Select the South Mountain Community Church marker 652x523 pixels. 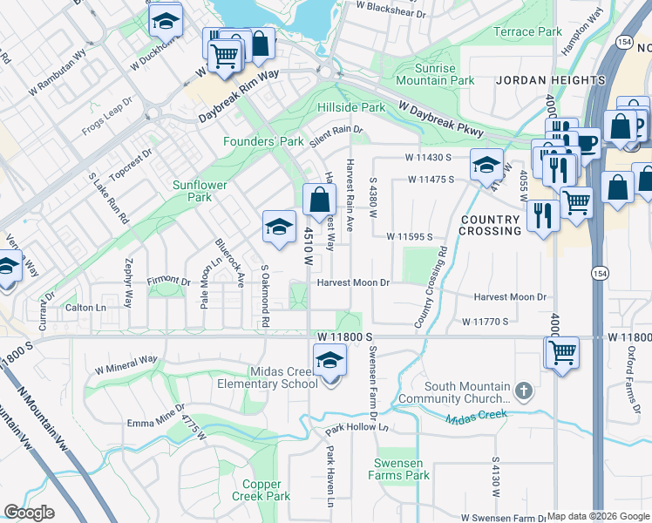(522, 390)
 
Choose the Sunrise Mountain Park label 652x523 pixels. (435, 74)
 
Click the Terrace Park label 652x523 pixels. (527, 32)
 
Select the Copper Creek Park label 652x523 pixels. (261, 490)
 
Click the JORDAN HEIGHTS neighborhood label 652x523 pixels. (550, 80)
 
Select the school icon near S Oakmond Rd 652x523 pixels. (278, 227)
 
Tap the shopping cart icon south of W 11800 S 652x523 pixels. (562, 353)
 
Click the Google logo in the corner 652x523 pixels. (29, 513)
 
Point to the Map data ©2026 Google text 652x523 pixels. (598, 516)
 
